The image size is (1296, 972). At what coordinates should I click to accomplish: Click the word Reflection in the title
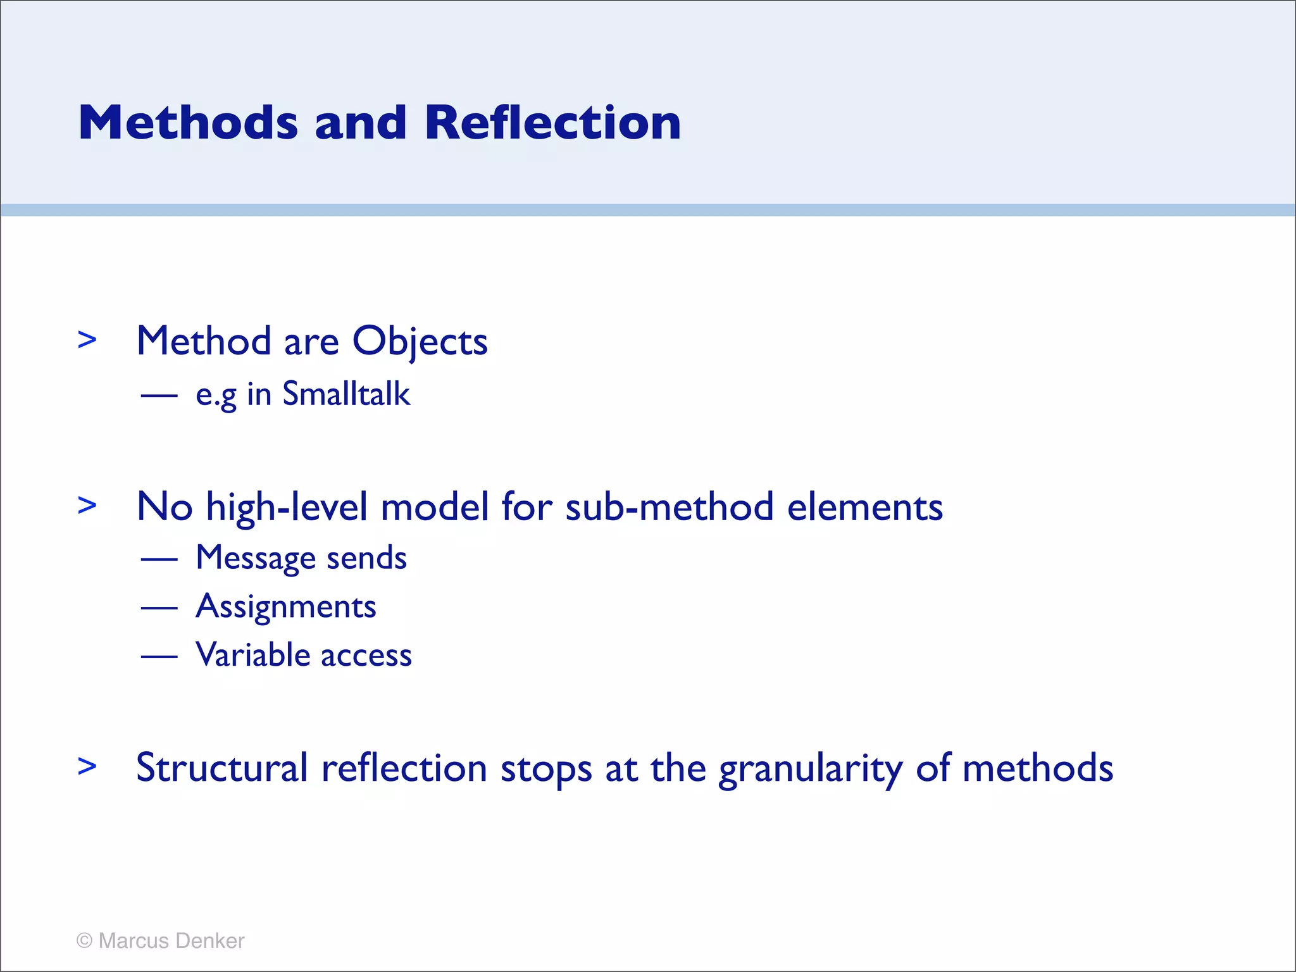(552, 122)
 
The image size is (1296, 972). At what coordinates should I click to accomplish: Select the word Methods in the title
(188, 122)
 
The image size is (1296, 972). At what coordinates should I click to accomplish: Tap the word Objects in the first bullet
(420, 342)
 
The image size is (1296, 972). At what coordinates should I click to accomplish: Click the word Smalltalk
(346, 394)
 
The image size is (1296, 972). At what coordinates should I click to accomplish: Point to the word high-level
(287, 508)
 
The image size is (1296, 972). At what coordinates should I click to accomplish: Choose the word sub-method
(670, 508)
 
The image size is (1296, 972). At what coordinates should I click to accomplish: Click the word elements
(865, 508)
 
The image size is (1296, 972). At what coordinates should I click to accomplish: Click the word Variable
(253, 655)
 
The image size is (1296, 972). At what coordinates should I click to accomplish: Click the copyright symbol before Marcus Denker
(84, 941)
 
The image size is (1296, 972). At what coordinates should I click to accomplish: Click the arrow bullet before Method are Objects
(87, 340)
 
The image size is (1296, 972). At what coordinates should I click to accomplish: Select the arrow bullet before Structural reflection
(87, 766)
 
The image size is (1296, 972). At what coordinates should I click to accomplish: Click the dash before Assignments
(159, 608)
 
